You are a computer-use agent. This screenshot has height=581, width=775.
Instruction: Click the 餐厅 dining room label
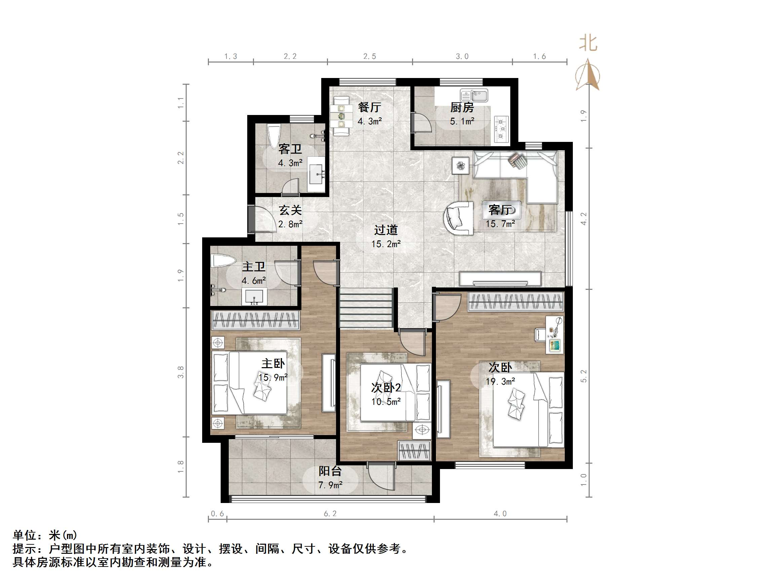coord(369,107)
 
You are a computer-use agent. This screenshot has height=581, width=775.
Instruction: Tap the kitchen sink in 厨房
coord(474,95)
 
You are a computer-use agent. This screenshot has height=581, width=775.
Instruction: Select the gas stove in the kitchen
coord(502,129)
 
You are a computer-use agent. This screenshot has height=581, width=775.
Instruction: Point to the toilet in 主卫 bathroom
coord(223,261)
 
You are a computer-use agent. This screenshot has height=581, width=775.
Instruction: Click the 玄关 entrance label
coord(290,210)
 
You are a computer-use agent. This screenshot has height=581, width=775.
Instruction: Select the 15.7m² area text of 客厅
coord(500,224)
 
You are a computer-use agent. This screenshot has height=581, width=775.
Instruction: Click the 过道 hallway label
coord(386,230)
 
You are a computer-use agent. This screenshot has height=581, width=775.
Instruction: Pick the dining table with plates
coord(341,116)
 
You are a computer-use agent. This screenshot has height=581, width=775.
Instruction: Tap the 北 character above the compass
coord(588,43)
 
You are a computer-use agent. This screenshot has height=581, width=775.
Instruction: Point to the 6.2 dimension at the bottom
coord(330,514)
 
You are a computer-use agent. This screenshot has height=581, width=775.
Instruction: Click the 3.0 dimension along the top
coord(462,56)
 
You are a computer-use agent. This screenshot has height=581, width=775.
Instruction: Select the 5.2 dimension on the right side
coord(583,376)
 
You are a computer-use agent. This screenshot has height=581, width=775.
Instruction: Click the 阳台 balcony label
coord(330,471)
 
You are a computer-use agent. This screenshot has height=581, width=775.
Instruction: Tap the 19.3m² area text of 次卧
coord(500,381)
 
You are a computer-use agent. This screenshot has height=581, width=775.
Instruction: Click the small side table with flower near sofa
coord(460,165)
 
